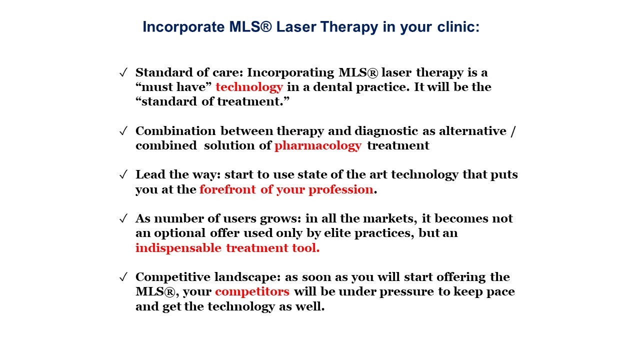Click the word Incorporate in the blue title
point(183,27)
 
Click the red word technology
point(249,87)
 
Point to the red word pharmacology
point(318,146)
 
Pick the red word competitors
point(252,292)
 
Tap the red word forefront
point(227,189)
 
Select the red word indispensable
point(178,248)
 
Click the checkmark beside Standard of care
point(123,72)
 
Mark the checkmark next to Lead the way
point(123,174)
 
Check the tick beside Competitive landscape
point(123,277)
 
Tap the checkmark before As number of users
point(123,218)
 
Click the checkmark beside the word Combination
point(123,131)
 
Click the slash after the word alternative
point(513,131)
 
